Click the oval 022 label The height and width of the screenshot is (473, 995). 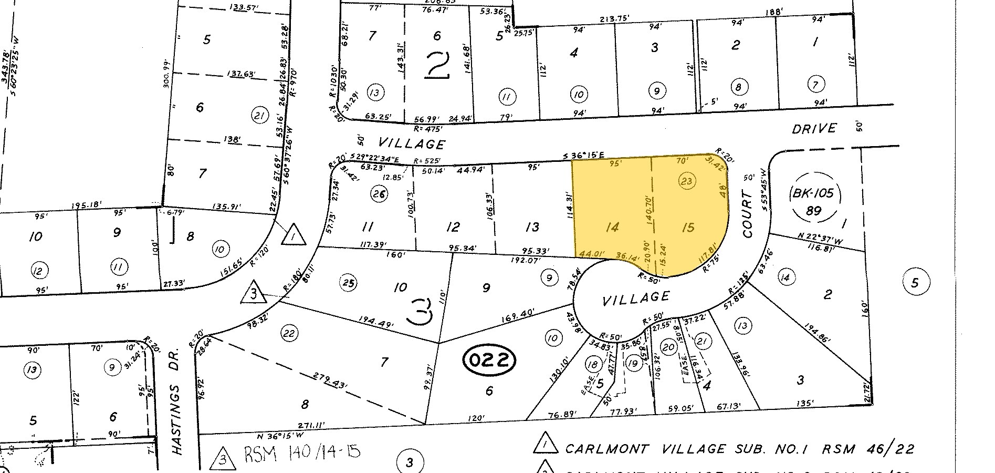pyautogui.click(x=489, y=361)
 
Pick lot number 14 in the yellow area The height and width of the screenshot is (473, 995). pyautogui.click(x=612, y=227)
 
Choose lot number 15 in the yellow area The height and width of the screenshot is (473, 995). pyautogui.click(x=688, y=227)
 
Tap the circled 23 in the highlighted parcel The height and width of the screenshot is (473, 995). pyautogui.click(x=687, y=181)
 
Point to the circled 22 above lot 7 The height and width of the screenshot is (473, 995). pyautogui.click(x=289, y=333)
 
